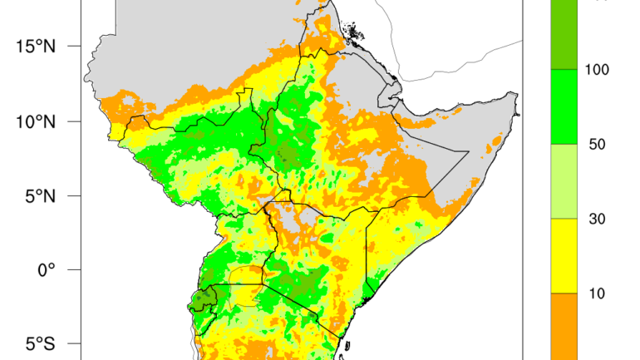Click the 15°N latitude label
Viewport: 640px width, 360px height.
pos(34,46)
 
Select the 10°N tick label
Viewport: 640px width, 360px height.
pos(34,121)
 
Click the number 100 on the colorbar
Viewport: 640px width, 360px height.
pos(597,70)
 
